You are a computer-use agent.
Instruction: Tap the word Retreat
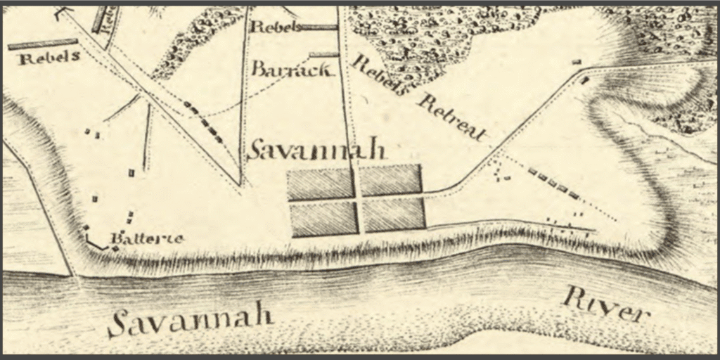pos(452,117)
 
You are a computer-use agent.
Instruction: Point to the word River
pos(604,306)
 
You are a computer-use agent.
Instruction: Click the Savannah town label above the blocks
pos(318,149)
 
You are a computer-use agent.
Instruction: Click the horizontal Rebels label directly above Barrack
pos(276,27)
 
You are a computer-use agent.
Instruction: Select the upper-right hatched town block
pos(392,180)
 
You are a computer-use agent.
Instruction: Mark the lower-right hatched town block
pos(394,214)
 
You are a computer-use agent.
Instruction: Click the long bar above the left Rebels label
pos(42,44)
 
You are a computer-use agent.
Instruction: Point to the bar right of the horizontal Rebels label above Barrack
pos(320,27)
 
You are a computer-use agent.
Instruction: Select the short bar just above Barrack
pos(324,54)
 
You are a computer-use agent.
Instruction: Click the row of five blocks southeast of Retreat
pos(553,183)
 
